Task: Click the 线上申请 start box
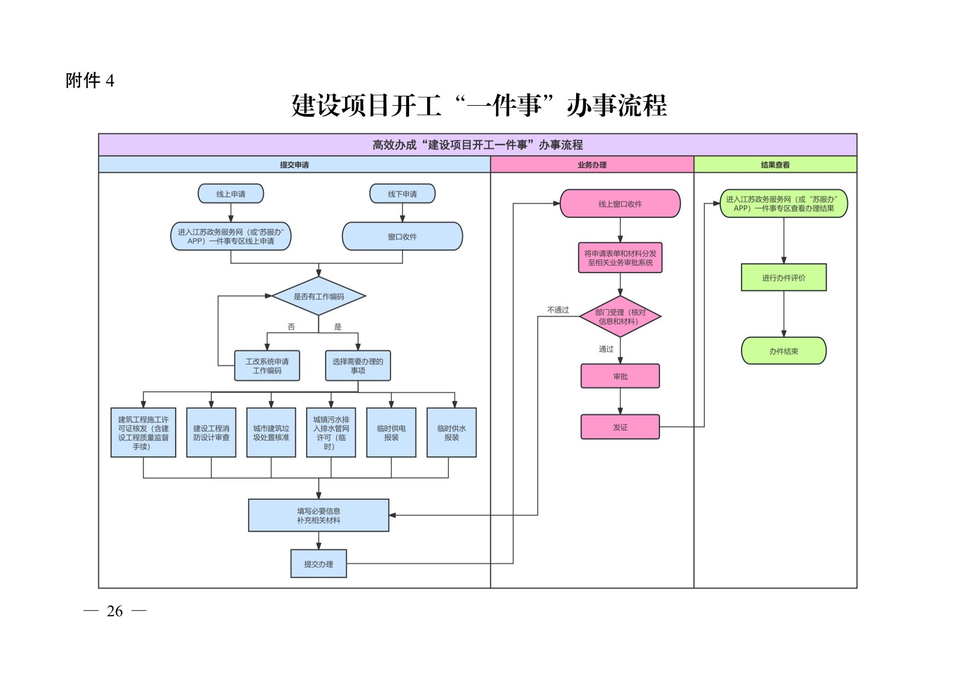click(231, 194)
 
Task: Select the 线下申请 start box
click(403, 194)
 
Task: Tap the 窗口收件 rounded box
click(403, 237)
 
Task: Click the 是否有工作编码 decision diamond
click(319, 296)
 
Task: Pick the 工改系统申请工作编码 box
click(267, 366)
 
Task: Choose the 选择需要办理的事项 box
click(358, 366)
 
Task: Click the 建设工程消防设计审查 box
click(211, 433)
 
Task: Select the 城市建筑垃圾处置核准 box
click(271, 433)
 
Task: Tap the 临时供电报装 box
click(391, 433)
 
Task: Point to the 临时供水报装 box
click(452, 433)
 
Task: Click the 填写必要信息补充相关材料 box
click(319, 515)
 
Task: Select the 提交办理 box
click(319, 563)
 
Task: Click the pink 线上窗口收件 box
click(620, 204)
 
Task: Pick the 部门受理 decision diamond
click(620, 317)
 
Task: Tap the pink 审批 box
click(620, 376)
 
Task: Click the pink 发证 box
click(620, 427)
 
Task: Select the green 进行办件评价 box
click(784, 278)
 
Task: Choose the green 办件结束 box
click(784, 351)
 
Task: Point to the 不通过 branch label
click(558, 310)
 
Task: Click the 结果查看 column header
click(775, 165)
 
